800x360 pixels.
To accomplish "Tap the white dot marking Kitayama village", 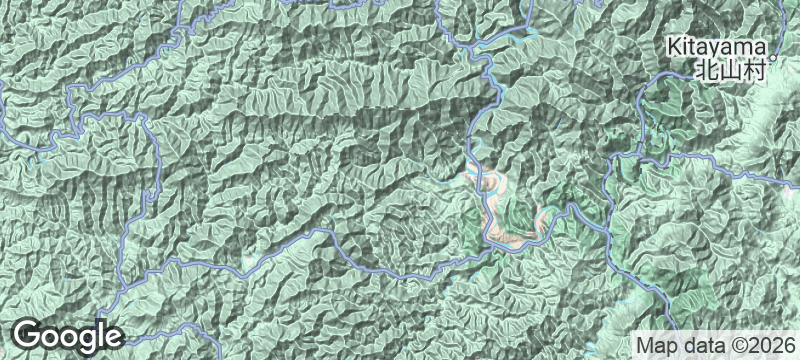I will coord(773,46).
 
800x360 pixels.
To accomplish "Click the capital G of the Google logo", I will coord(28,335).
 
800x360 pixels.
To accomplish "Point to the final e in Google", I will coord(111,337).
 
